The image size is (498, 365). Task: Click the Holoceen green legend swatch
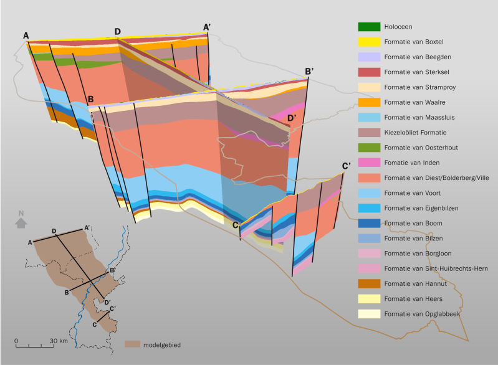[x=368, y=27]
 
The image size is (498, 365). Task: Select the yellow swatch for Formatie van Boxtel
[x=368, y=42]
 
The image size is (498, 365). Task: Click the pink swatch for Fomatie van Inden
[x=368, y=163]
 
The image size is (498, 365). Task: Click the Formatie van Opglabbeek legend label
[x=423, y=313]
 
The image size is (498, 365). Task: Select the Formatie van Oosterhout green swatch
[x=368, y=148]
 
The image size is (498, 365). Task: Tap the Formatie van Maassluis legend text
[x=422, y=117]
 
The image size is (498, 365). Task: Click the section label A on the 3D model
[x=26, y=36]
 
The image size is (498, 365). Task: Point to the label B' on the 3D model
[x=309, y=72]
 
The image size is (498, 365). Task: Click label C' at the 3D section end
[x=347, y=166]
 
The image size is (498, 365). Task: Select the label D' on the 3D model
[x=291, y=118]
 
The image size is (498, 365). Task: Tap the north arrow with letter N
[x=21, y=218]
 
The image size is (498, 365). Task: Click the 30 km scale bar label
[x=59, y=341]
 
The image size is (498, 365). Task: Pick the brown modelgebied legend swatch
[x=132, y=344]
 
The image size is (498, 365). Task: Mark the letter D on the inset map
[x=54, y=231]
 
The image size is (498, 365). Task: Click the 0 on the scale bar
[x=16, y=341]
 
